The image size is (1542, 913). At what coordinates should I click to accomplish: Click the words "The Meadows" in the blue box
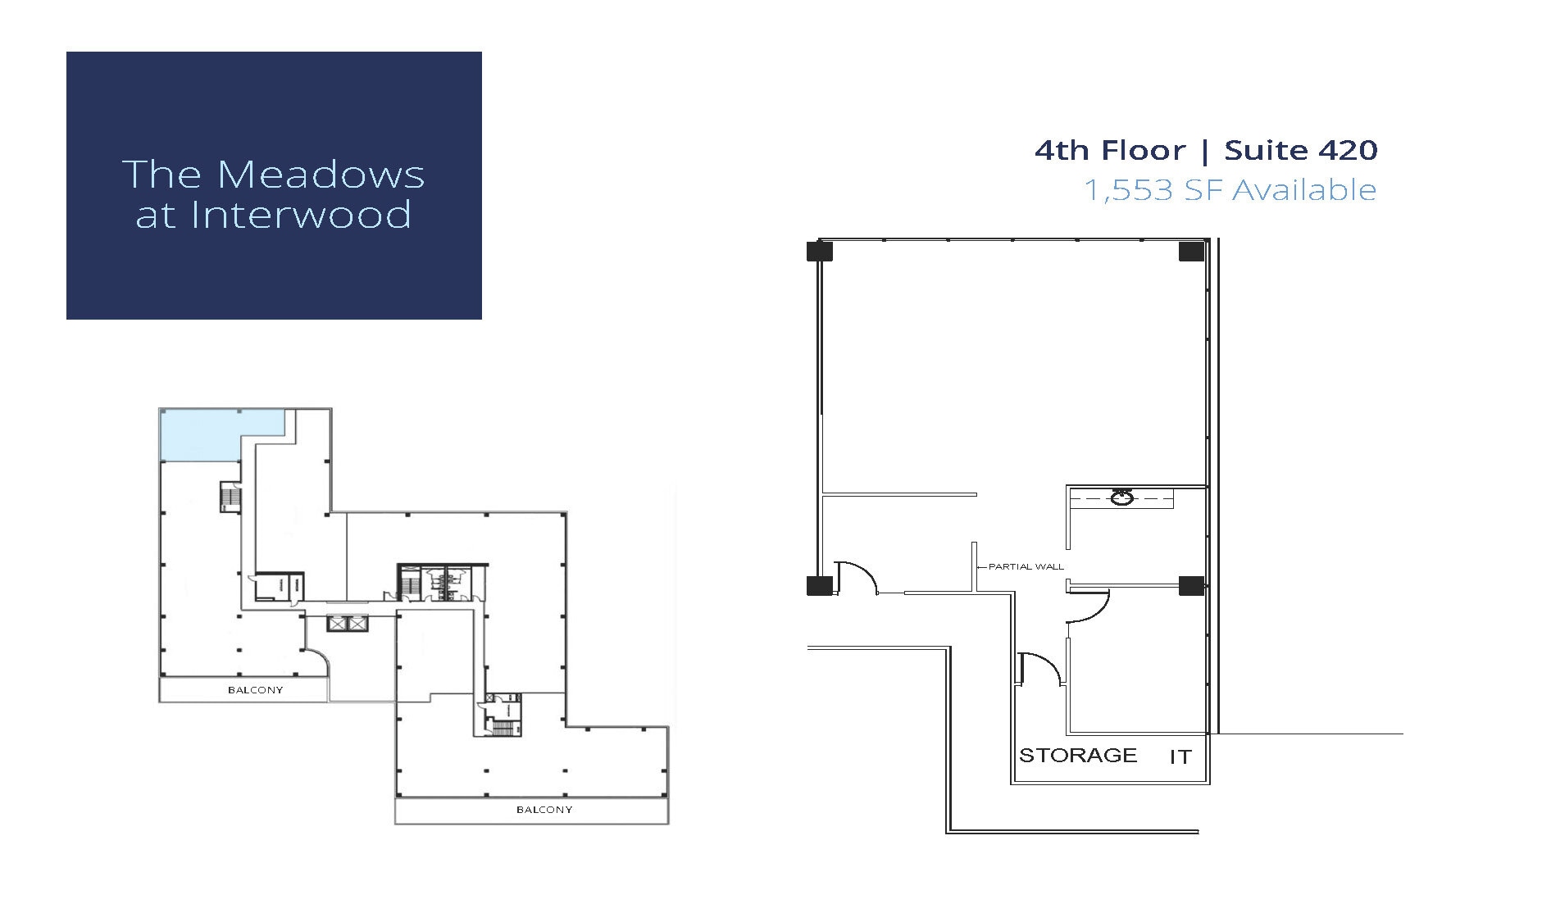point(273,175)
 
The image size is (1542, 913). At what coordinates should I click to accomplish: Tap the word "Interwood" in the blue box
point(301,215)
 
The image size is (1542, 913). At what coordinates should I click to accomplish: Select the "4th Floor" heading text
point(1110,151)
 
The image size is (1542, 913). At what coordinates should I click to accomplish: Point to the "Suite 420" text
point(1301,151)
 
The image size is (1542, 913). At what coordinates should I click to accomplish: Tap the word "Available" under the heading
point(1304,190)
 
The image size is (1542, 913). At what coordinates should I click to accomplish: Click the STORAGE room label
point(1078,755)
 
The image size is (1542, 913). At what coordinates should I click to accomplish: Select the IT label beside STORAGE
point(1180,757)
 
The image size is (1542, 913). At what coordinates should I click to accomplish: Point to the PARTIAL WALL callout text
point(1026,566)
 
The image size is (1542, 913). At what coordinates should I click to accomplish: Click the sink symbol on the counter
point(1121,497)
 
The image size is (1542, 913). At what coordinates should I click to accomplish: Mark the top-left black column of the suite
point(819,251)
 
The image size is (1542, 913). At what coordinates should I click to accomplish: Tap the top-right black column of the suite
point(1191,251)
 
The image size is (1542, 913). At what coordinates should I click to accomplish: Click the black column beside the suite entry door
point(819,585)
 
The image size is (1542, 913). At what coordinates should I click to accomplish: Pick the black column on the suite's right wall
point(1191,585)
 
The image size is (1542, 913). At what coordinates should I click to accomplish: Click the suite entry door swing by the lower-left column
point(857,577)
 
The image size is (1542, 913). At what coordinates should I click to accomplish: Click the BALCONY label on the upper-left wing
point(255,690)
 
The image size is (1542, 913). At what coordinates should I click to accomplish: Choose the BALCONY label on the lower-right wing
point(544,810)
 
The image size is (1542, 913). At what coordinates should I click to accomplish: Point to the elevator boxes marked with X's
point(348,624)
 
